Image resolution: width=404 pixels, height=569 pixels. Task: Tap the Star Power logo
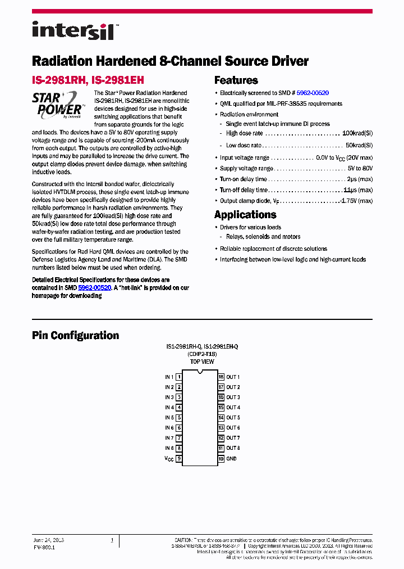click(x=58, y=105)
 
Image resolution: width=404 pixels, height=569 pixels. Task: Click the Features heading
click(x=236, y=80)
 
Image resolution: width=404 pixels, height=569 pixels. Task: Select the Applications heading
click(x=245, y=215)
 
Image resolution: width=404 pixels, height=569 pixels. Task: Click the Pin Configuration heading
click(x=75, y=336)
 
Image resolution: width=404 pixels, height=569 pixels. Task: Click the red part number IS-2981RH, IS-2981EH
click(x=88, y=80)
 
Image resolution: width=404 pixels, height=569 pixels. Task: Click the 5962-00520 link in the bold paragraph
click(x=94, y=287)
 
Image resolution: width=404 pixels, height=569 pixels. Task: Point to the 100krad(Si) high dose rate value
click(x=357, y=133)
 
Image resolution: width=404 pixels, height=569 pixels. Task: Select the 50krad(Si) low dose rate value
click(x=359, y=145)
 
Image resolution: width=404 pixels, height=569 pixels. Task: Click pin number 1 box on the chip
click(x=178, y=377)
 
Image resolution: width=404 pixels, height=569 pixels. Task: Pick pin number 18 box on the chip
click(x=221, y=377)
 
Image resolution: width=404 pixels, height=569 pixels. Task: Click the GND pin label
click(x=232, y=458)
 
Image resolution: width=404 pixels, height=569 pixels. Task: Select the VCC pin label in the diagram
click(x=169, y=459)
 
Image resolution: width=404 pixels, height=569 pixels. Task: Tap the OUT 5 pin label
click(x=233, y=418)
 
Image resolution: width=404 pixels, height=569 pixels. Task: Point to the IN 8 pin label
click(x=169, y=448)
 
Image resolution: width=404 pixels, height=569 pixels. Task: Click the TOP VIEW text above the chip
click(x=202, y=362)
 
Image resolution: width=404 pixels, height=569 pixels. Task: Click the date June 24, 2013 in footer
click(x=48, y=540)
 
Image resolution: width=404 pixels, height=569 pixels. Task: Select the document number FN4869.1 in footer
click(x=44, y=547)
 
